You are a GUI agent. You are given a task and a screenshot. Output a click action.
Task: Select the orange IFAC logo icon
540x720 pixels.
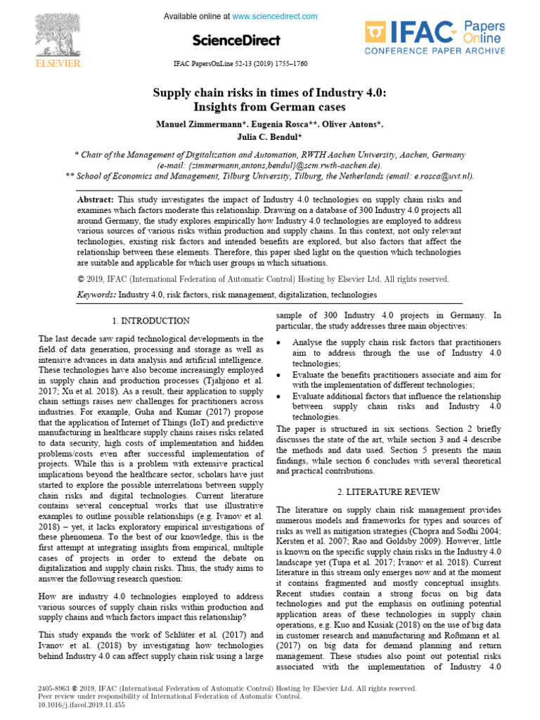[375, 32]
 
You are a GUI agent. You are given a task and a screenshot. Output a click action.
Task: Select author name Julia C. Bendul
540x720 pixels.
[270, 137]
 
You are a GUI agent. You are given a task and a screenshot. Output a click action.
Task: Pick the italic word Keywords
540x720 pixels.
[96, 295]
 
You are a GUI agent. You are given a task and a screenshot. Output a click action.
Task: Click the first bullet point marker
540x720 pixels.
[279, 342]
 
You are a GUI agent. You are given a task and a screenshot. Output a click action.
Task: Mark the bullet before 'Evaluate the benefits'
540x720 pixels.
[279, 375]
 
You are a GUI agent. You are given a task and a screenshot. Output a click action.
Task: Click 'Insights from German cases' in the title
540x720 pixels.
[269, 108]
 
